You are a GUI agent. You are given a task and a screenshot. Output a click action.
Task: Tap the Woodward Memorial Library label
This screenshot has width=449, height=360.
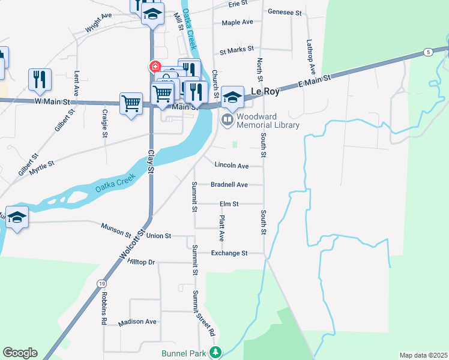(268, 121)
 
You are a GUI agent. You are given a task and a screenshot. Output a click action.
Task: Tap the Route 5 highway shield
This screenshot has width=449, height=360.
(427, 52)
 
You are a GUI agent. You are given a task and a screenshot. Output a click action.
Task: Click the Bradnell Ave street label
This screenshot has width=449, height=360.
(229, 185)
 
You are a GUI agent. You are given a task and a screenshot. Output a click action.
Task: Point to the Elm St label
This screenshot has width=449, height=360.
(229, 204)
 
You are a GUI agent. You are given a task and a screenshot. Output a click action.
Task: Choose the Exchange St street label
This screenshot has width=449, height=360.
(229, 253)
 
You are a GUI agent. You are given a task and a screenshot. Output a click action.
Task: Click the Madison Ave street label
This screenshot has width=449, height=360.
(137, 322)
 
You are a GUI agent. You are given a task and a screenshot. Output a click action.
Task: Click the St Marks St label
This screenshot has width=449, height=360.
(237, 50)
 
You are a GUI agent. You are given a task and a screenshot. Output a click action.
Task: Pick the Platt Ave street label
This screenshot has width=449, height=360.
(221, 229)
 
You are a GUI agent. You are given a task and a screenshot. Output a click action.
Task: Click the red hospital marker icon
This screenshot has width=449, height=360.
(155, 66)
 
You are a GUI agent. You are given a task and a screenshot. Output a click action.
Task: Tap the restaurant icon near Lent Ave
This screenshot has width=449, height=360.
(40, 79)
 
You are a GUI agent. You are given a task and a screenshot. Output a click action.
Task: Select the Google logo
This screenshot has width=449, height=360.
(20, 353)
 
